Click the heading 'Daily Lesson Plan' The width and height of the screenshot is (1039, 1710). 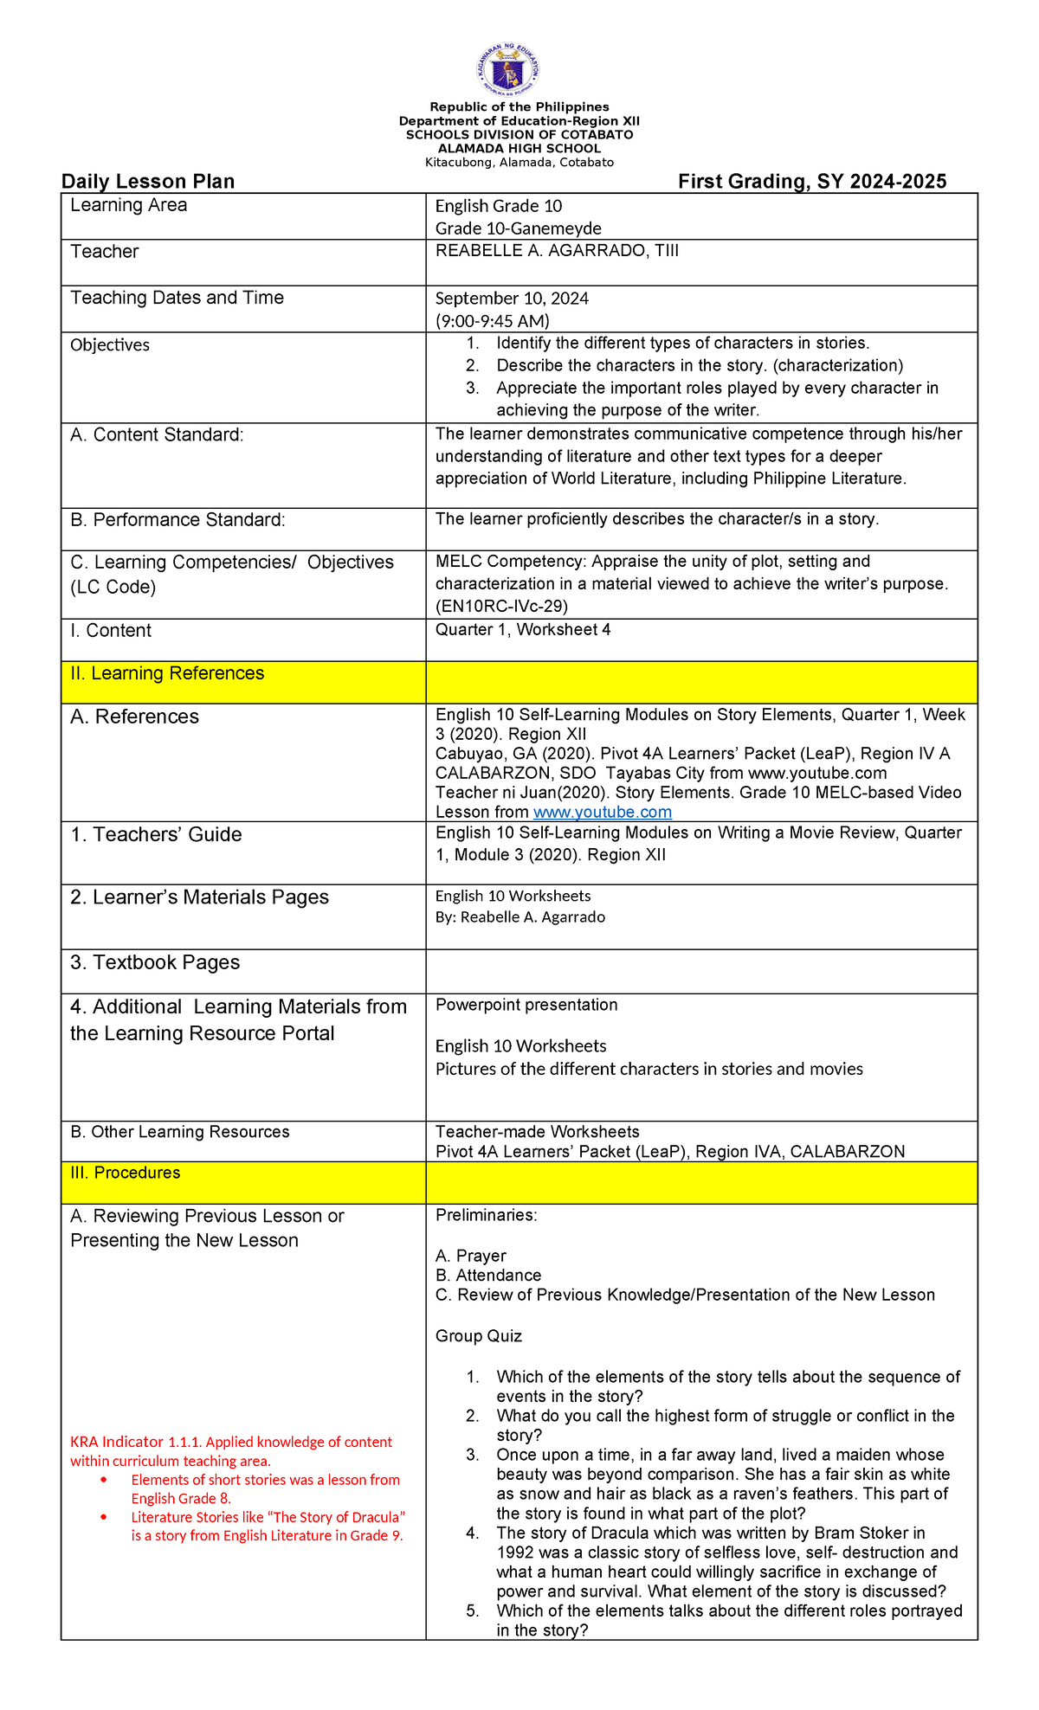point(148,182)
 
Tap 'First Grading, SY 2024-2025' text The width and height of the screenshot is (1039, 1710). point(811,182)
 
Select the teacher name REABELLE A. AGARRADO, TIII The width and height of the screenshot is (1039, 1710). point(557,251)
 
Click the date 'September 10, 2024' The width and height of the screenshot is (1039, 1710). point(512,299)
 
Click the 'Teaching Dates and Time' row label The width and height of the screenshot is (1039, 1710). point(177,298)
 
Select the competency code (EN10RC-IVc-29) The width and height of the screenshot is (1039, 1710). point(501,606)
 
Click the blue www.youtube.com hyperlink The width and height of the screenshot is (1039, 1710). point(602,812)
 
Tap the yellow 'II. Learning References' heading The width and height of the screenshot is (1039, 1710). point(167,673)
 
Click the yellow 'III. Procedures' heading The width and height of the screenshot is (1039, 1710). point(126,1173)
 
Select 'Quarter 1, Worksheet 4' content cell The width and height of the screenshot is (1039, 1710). point(523,630)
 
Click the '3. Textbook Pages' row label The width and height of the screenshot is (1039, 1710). point(155,962)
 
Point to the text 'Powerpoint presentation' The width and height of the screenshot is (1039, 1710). point(526,1005)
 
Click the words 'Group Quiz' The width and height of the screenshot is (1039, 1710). point(478,1336)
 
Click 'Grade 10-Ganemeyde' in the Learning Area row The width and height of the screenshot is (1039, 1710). point(518,228)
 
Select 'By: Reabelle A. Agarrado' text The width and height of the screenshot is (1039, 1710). point(519,916)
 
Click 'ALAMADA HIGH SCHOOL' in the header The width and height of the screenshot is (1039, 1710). point(519,149)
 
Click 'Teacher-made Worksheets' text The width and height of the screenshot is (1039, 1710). point(537,1132)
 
